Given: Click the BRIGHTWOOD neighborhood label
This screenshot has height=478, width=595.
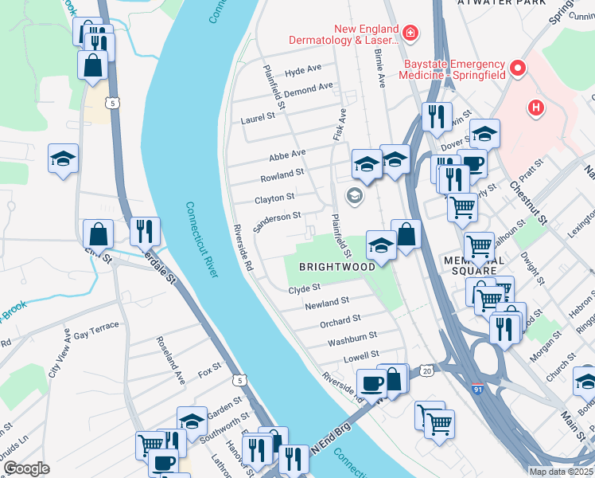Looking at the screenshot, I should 336,267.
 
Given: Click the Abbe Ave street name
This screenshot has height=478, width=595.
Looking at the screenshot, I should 287,154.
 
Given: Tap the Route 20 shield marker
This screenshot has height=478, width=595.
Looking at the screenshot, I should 427,370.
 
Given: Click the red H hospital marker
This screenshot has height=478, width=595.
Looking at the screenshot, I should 536,108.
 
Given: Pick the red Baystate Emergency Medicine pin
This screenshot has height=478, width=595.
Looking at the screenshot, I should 519,69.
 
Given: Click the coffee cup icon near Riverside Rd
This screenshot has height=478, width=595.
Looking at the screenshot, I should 371,382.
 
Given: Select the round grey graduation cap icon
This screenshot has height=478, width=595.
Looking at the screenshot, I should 353,196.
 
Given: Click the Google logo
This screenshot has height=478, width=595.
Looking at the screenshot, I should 26,468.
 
